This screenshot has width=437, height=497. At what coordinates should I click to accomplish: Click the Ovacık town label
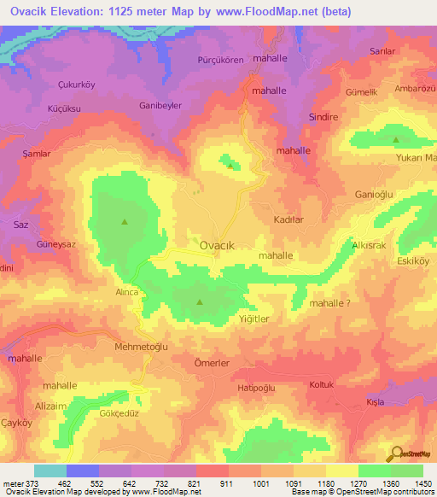point(217,245)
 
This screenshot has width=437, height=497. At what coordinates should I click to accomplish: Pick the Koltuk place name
point(325,384)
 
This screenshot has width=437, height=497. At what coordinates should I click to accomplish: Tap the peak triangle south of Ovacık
point(200,302)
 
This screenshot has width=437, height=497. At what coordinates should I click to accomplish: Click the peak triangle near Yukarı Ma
point(395,139)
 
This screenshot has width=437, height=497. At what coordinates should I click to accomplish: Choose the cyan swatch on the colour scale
point(50,471)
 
